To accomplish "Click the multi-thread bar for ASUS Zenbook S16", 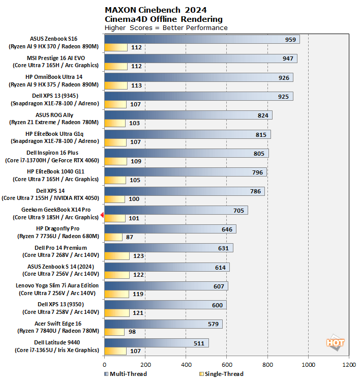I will point(202,39).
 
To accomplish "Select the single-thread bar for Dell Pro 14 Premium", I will point(117,256).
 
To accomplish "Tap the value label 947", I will point(288,59).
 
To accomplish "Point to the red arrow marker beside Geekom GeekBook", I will point(102,215).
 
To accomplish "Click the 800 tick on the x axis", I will point(267,365).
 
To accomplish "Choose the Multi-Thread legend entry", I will point(126,374).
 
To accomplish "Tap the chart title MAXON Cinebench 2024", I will point(156,10).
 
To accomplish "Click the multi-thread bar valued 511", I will point(156,343).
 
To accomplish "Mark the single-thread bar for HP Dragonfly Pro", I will point(113,237).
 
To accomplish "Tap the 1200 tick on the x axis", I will point(349,365).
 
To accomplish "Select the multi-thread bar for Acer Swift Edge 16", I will point(163,324).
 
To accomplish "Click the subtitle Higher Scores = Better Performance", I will point(166,27).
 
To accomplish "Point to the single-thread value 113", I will point(136,85).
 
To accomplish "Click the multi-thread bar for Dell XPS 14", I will point(184,191).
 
